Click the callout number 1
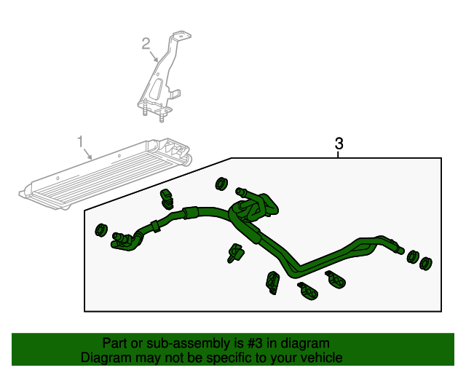[80, 141]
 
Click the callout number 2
[146, 44]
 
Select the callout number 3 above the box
[339, 144]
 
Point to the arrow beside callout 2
[154, 56]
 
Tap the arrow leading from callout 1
[87, 154]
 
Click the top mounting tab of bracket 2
[181, 35]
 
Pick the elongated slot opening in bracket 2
[156, 88]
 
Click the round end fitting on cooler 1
[188, 160]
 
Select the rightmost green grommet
[426, 263]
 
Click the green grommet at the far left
[101, 230]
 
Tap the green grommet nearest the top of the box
[221, 184]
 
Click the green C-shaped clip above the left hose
[167, 199]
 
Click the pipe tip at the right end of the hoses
[400, 250]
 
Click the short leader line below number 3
[338, 154]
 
